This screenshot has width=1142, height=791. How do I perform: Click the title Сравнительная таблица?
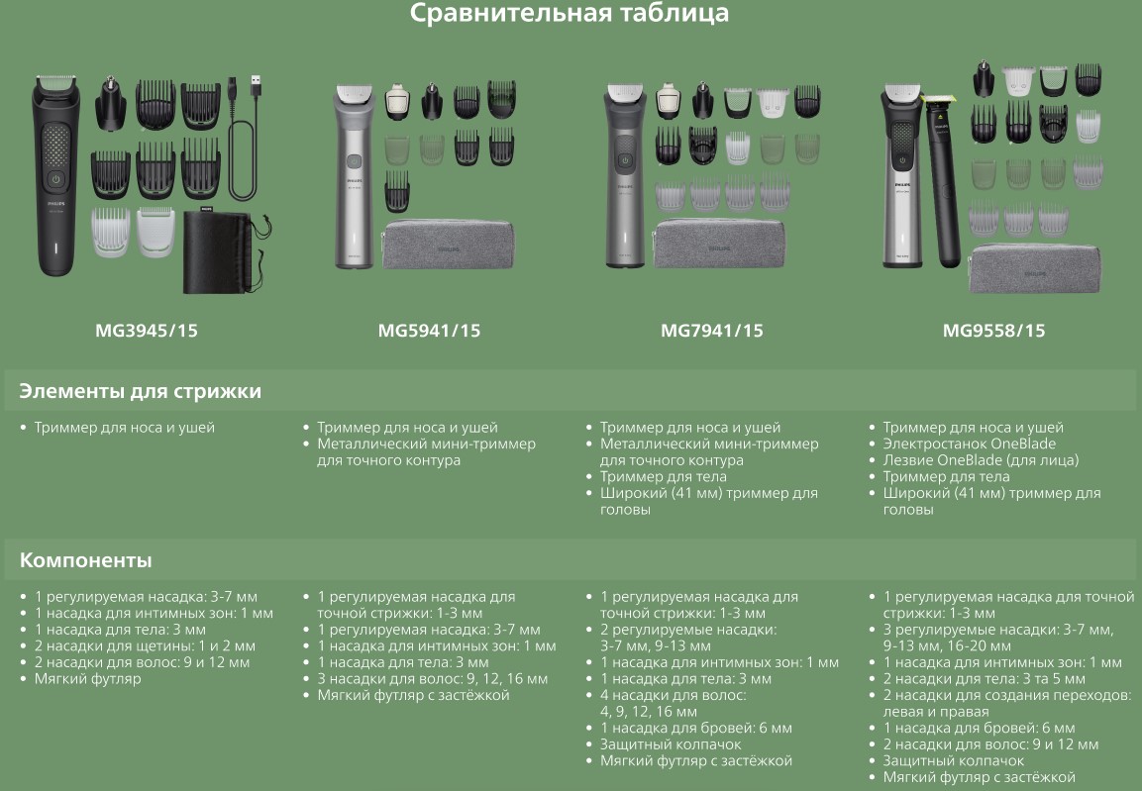pos(569,13)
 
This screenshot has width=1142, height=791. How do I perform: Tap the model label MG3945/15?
pos(147,331)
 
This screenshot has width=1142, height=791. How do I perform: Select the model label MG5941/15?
pos(429,331)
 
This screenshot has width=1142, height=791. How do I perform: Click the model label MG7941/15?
pos(711,331)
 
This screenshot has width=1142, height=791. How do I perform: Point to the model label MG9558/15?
pos(993,331)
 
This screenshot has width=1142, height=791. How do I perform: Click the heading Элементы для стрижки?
pos(140,391)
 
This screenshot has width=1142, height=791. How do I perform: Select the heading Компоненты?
pos(85,560)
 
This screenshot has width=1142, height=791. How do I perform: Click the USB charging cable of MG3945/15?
pos(244,139)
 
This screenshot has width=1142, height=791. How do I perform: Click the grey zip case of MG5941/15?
pos(448,244)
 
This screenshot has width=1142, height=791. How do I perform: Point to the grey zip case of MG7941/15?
pos(719,244)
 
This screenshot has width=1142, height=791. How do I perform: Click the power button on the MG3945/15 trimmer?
pos(55,179)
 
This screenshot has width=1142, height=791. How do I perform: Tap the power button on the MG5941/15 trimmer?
pos(354,162)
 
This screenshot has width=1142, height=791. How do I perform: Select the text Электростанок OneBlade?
pos(969,444)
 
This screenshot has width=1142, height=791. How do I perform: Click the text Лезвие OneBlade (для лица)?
pos(981,460)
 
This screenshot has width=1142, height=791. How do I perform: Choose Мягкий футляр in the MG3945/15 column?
pos(87,679)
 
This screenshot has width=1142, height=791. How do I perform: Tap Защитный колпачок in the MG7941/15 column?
pos(671,744)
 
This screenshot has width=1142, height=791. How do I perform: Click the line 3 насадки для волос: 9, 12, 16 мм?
pos(433,679)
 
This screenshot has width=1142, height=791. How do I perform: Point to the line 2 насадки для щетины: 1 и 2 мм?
pos(145,646)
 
